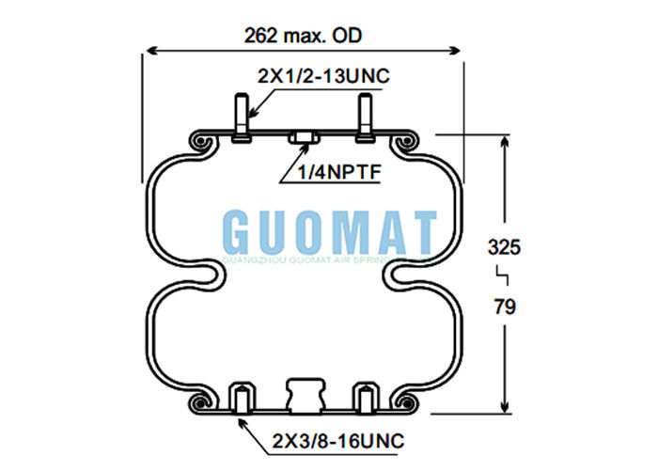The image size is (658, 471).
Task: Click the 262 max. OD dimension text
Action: tap(303, 36)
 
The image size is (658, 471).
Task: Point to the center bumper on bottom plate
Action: tap(304, 394)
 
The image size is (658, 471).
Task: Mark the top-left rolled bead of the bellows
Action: tap(199, 142)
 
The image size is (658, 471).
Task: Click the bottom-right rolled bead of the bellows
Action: tap(408, 402)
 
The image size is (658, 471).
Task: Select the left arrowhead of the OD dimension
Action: tap(147, 50)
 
